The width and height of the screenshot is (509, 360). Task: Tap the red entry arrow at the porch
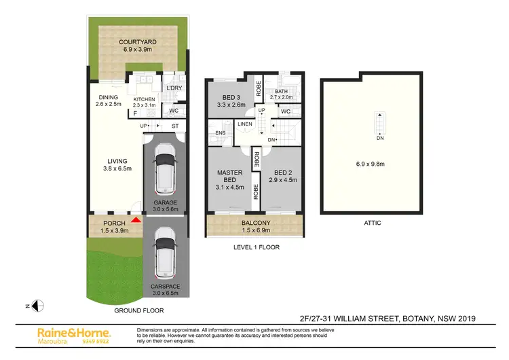136,219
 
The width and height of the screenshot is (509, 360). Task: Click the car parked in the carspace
165,257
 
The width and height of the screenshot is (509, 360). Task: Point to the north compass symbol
39,305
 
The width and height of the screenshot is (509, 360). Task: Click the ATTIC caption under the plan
372,222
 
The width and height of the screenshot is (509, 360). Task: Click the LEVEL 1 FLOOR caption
256,247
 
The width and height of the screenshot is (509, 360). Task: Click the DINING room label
107,97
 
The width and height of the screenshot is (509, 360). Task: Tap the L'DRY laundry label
175,89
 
